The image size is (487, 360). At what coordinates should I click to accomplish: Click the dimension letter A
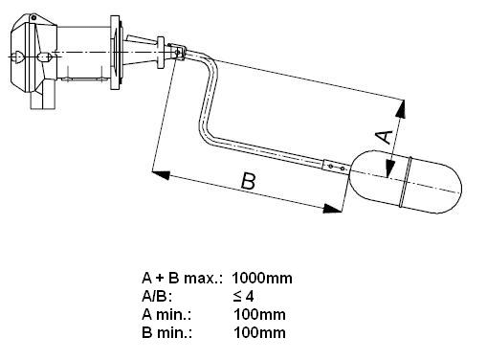coord(385,137)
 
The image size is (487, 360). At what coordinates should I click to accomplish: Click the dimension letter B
coord(249,181)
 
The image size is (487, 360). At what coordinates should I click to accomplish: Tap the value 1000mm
coord(262,279)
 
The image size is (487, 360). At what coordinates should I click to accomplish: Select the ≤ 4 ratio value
coord(243,297)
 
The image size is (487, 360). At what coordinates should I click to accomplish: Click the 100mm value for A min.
coord(259,315)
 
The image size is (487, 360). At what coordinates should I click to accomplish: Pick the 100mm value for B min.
coord(259,333)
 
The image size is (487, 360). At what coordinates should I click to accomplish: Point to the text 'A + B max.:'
coord(182,279)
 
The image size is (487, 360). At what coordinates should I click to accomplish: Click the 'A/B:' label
coord(157,297)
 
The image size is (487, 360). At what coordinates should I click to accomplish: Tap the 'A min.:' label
coord(166,315)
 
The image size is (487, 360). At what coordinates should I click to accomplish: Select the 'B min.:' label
coord(167,333)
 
